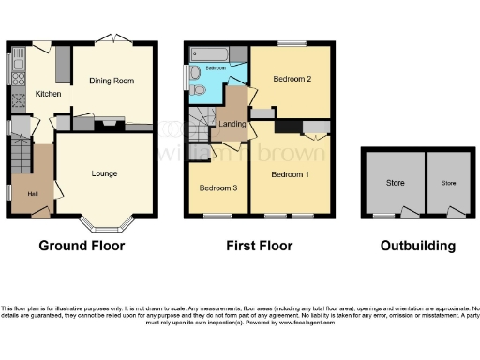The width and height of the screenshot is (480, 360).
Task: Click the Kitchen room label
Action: click(48, 94)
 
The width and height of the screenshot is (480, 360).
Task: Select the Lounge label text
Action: click(104, 173)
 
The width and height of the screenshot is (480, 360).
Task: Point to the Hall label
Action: click(33, 193)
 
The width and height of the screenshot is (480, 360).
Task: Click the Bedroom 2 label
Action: click(292, 79)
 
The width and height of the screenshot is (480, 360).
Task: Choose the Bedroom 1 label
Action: click(290, 174)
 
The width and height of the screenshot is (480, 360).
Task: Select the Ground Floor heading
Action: click(82, 246)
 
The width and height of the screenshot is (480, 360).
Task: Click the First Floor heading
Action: click(258, 246)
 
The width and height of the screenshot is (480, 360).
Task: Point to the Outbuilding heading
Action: click(418, 246)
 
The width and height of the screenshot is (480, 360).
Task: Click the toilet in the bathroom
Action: click(198, 89)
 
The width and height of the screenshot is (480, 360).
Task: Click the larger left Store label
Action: click(395, 182)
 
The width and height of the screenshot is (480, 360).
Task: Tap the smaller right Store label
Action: click(449, 182)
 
